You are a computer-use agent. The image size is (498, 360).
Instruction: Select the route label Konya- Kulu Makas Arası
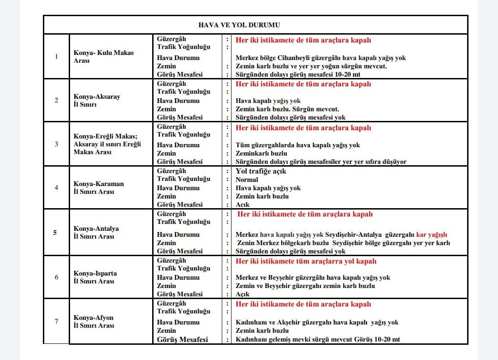pyautogui.click(x=103, y=56)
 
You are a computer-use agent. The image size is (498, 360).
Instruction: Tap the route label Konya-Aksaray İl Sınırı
pyautogui.click(x=97, y=101)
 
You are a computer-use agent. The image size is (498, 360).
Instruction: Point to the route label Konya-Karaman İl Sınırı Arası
pyautogui.click(x=99, y=187)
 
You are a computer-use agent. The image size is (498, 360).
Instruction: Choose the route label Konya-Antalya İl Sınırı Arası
pyautogui.click(x=96, y=233)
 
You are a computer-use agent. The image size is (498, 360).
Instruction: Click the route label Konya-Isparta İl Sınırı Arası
pyautogui.click(x=95, y=277)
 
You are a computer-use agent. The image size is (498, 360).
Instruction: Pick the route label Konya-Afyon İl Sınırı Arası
pyautogui.click(x=94, y=321)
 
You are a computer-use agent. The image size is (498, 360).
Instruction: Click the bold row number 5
pyautogui.click(x=55, y=233)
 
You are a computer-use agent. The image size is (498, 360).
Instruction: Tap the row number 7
pyautogui.click(x=56, y=321)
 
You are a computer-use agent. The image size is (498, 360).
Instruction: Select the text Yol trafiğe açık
pyautogui.click(x=261, y=171)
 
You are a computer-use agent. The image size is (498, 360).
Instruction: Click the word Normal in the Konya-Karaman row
pyautogui.click(x=247, y=180)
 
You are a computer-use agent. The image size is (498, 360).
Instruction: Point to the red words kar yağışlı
pyautogui.click(x=432, y=235)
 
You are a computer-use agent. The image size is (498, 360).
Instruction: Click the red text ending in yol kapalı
pyautogui.click(x=306, y=261)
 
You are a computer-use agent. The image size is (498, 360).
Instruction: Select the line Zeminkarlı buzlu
pyautogui.click(x=261, y=153)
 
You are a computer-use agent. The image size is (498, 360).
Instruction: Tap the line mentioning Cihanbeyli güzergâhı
pyautogui.click(x=320, y=58)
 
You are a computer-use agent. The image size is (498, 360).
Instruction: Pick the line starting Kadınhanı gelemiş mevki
pyautogui.click(x=318, y=339)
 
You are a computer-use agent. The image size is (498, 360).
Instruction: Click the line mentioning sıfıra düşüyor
pyautogui.click(x=321, y=162)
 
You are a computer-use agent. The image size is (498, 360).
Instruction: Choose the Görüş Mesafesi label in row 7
pyautogui.click(x=182, y=339)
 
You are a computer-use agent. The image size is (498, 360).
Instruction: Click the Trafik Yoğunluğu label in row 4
pyautogui.click(x=184, y=179)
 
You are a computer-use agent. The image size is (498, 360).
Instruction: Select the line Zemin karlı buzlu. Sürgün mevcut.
pyautogui.click(x=287, y=109)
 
